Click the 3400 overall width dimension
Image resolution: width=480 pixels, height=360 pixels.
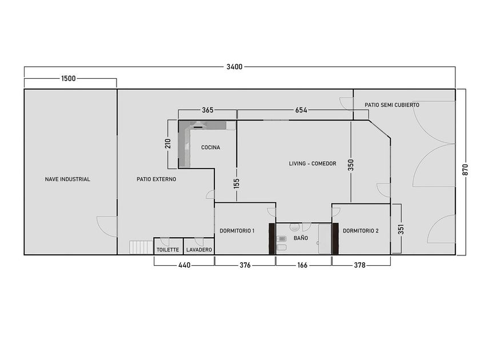pyautogui.click(x=234, y=67)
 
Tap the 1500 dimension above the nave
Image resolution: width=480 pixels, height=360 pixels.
pyautogui.click(x=68, y=78)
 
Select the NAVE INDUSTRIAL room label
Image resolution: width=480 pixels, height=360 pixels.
pyautogui.click(x=67, y=179)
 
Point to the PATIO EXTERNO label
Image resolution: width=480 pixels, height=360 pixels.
pyautogui.click(x=156, y=179)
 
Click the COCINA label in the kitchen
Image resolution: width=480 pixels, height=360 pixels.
pyautogui.click(x=211, y=147)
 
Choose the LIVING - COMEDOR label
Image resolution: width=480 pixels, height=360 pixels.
pyautogui.click(x=313, y=163)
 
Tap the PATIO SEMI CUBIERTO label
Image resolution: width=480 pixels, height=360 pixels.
pyautogui.click(x=392, y=105)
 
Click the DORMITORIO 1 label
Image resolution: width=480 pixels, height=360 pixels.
pyautogui.click(x=237, y=230)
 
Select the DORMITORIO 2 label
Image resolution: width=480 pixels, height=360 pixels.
pyautogui.click(x=361, y=230)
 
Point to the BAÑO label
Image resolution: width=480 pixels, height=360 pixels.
pyautogui.click(x=301, y=238)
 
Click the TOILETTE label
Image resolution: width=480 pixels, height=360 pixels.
pyautogui.click(x=168, y=250)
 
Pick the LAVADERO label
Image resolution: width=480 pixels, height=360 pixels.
pyautogui.click(x=199, y=250)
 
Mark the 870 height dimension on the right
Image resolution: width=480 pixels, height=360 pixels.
pyautogui.click(x=465, y=170)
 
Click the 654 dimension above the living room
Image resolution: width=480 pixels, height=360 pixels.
pyautogui.click(x=301, y=110)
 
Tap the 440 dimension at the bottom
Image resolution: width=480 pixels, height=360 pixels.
pyautogui.click(x=184, y=265)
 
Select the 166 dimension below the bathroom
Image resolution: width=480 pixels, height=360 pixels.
pyautogui.click(x=302, y=265)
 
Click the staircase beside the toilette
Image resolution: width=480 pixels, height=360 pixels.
pyautogui.click(x=141, y=247)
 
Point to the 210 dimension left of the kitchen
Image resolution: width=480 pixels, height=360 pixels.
pyautogui.click(x=168, y=143)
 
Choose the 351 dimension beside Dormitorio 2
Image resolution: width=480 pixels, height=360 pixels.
pyautogui.click(x=401, y=229)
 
